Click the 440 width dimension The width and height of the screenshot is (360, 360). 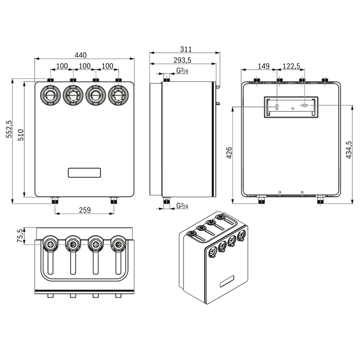tap(81, 55)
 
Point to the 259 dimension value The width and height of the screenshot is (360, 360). tap(84, 210)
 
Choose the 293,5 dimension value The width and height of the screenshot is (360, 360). tap(183, 60)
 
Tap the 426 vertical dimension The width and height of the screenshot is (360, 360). tap(229, 152)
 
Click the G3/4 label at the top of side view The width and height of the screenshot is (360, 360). tap(182, 71)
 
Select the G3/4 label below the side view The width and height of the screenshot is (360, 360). tap(182, 206)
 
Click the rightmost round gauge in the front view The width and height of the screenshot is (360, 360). tap(118, 95)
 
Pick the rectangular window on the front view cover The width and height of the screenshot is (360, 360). tap(84, 172)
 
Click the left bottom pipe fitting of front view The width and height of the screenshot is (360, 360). tap(55, 200)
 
